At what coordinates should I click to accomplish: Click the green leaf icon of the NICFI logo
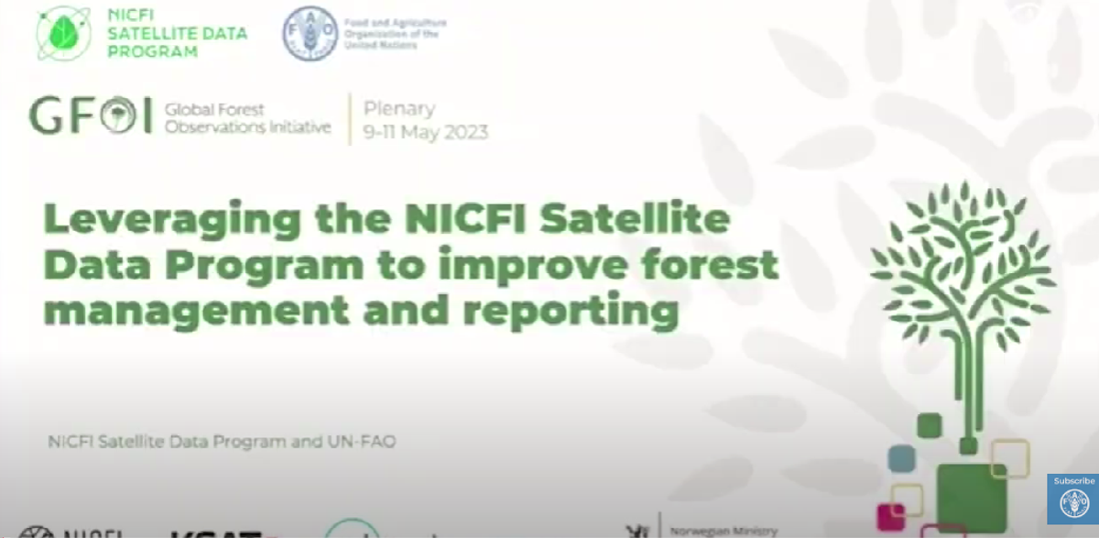click(63, 32)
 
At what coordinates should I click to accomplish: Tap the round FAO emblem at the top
click(310, 33)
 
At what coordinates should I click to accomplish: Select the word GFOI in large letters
click(90, 116)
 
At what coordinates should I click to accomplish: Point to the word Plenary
click(399, 108)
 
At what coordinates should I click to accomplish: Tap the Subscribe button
click(1073, 499)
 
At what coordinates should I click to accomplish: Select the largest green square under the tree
click(972, 496)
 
